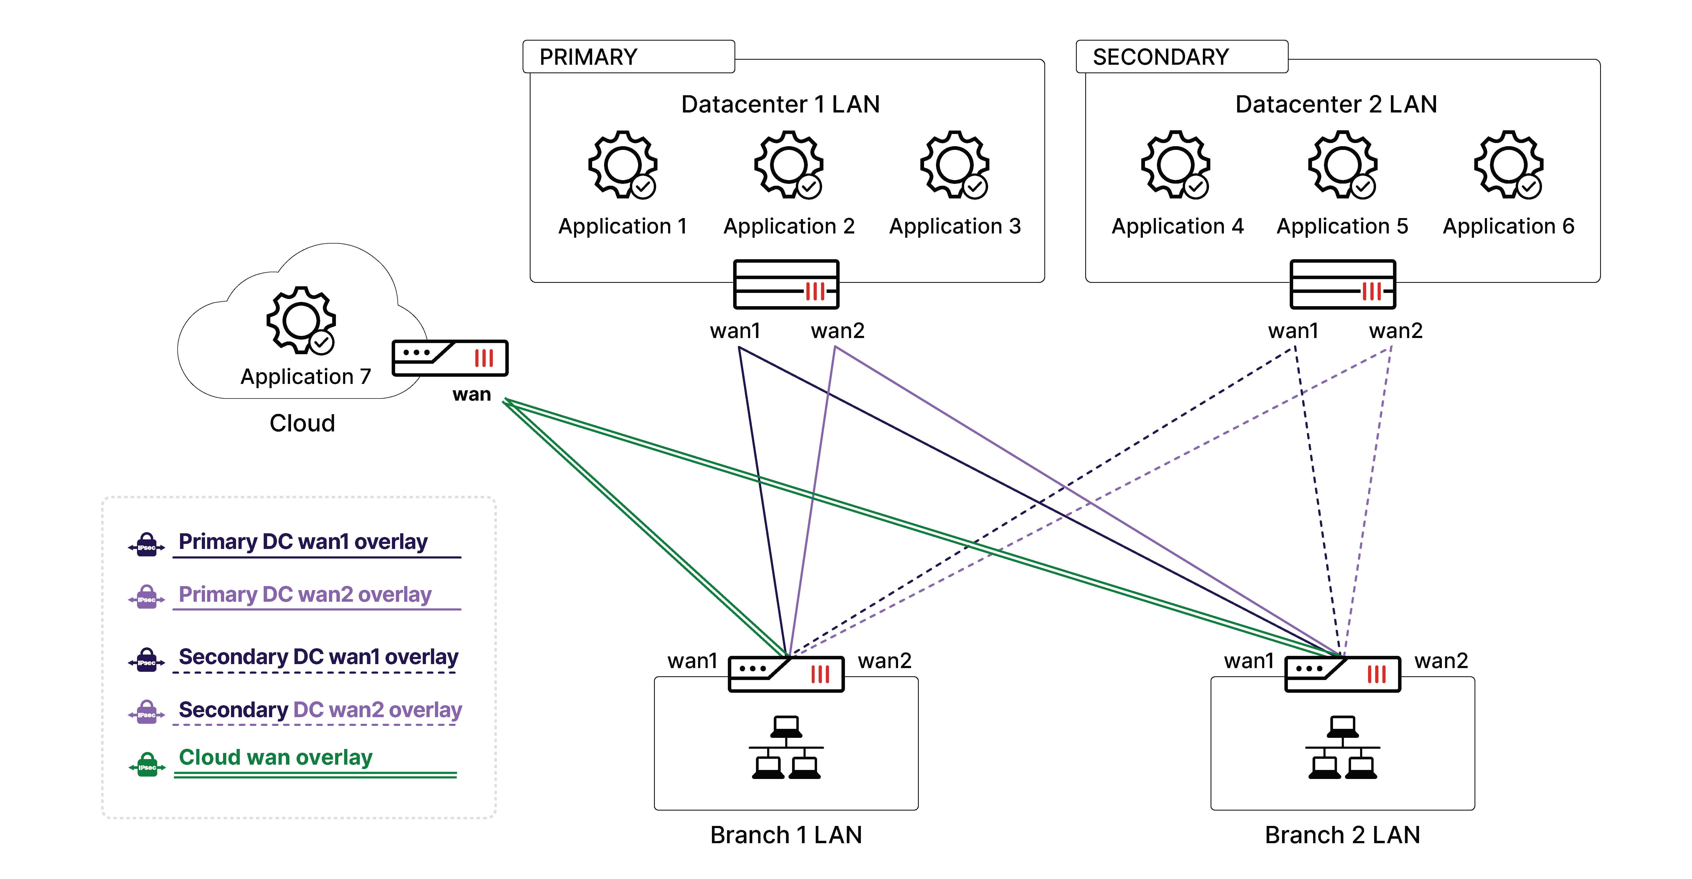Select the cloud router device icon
(x=450, y=358)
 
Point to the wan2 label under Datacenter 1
(x=838, y=331)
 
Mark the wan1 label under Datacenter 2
(x=1293, y=331)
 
